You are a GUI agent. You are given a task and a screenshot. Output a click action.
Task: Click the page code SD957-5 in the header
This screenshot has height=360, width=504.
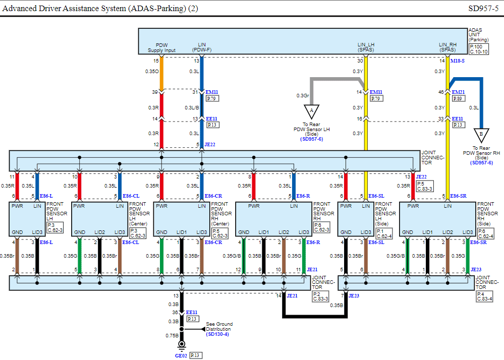[483, 8]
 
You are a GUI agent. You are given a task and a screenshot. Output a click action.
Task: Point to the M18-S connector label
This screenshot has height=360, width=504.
[458, 61]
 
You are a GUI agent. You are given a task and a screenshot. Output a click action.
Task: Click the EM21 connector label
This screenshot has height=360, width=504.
[459, 92]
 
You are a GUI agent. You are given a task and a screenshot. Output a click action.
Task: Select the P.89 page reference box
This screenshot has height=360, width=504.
[459, 99]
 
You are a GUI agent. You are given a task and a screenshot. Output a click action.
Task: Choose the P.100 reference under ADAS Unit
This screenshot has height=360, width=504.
[476, 46]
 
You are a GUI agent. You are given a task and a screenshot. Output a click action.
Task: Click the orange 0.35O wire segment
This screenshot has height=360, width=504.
[161, 74]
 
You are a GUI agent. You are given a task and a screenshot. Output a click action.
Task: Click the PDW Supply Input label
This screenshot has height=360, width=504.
[161, 47]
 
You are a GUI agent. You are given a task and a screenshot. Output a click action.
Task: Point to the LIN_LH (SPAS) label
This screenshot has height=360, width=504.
[366, 47]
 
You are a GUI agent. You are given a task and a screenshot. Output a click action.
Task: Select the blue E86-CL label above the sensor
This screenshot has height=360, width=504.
[131, 196]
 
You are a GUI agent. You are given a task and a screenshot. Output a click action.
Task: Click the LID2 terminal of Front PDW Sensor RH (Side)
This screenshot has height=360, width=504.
[447, 232]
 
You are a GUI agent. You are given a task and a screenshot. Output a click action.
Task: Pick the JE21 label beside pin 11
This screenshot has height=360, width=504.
[312, 270]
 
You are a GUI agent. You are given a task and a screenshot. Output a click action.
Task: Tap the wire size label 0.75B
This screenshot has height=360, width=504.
[172, 335]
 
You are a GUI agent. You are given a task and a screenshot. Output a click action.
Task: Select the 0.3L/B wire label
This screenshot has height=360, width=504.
[192, 107]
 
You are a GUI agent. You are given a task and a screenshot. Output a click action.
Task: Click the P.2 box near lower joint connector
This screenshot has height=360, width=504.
[317, 293]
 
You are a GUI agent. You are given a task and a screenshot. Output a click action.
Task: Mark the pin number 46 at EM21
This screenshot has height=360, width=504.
[441, 92]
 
